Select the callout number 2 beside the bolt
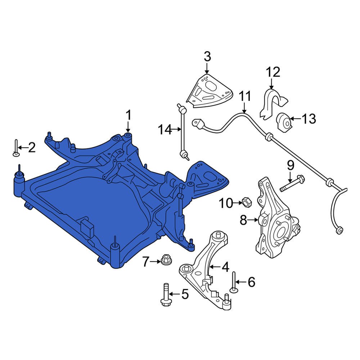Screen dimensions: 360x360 pyautogui.click(x=32, y=147)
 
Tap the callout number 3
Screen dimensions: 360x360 pyautogui.click(x=207, y=57)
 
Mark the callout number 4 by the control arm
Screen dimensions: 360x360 pyautogui.click(x=225, y=267)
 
